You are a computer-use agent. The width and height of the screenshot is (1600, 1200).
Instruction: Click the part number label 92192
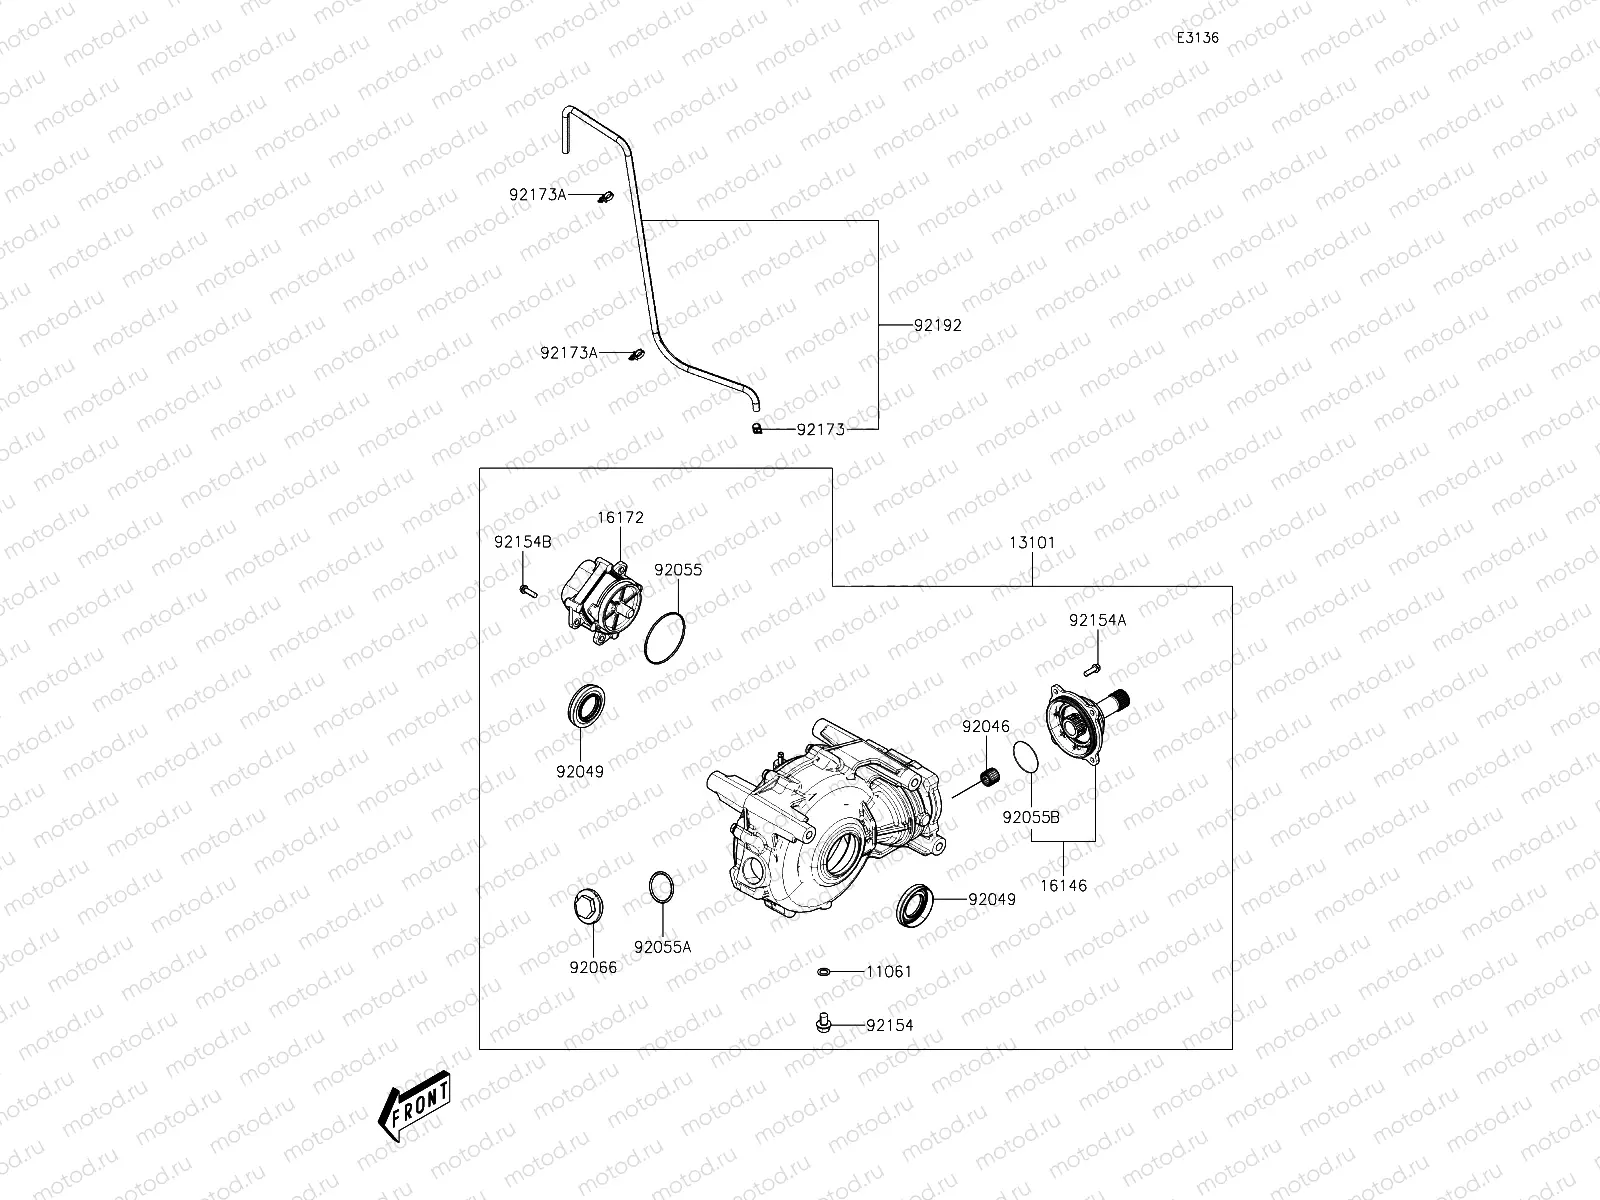(937, 325)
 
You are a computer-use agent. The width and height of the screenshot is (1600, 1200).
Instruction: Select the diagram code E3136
(1197, 38)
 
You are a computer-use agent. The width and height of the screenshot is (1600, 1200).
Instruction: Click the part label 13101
(1032, 543)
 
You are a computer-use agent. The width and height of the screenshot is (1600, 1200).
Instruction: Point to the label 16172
(621, 518)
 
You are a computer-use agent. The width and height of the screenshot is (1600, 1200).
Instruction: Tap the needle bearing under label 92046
(992, 776)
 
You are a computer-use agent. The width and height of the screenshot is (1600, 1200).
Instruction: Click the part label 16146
(1062, 885)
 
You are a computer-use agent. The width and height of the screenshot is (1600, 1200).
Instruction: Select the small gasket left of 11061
(823, 971)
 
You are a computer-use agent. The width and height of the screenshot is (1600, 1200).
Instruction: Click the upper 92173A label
(537, 195)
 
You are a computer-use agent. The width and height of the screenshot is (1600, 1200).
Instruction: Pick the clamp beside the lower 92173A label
(633, 355)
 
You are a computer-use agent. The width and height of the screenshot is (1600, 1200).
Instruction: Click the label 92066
(593, 967)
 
